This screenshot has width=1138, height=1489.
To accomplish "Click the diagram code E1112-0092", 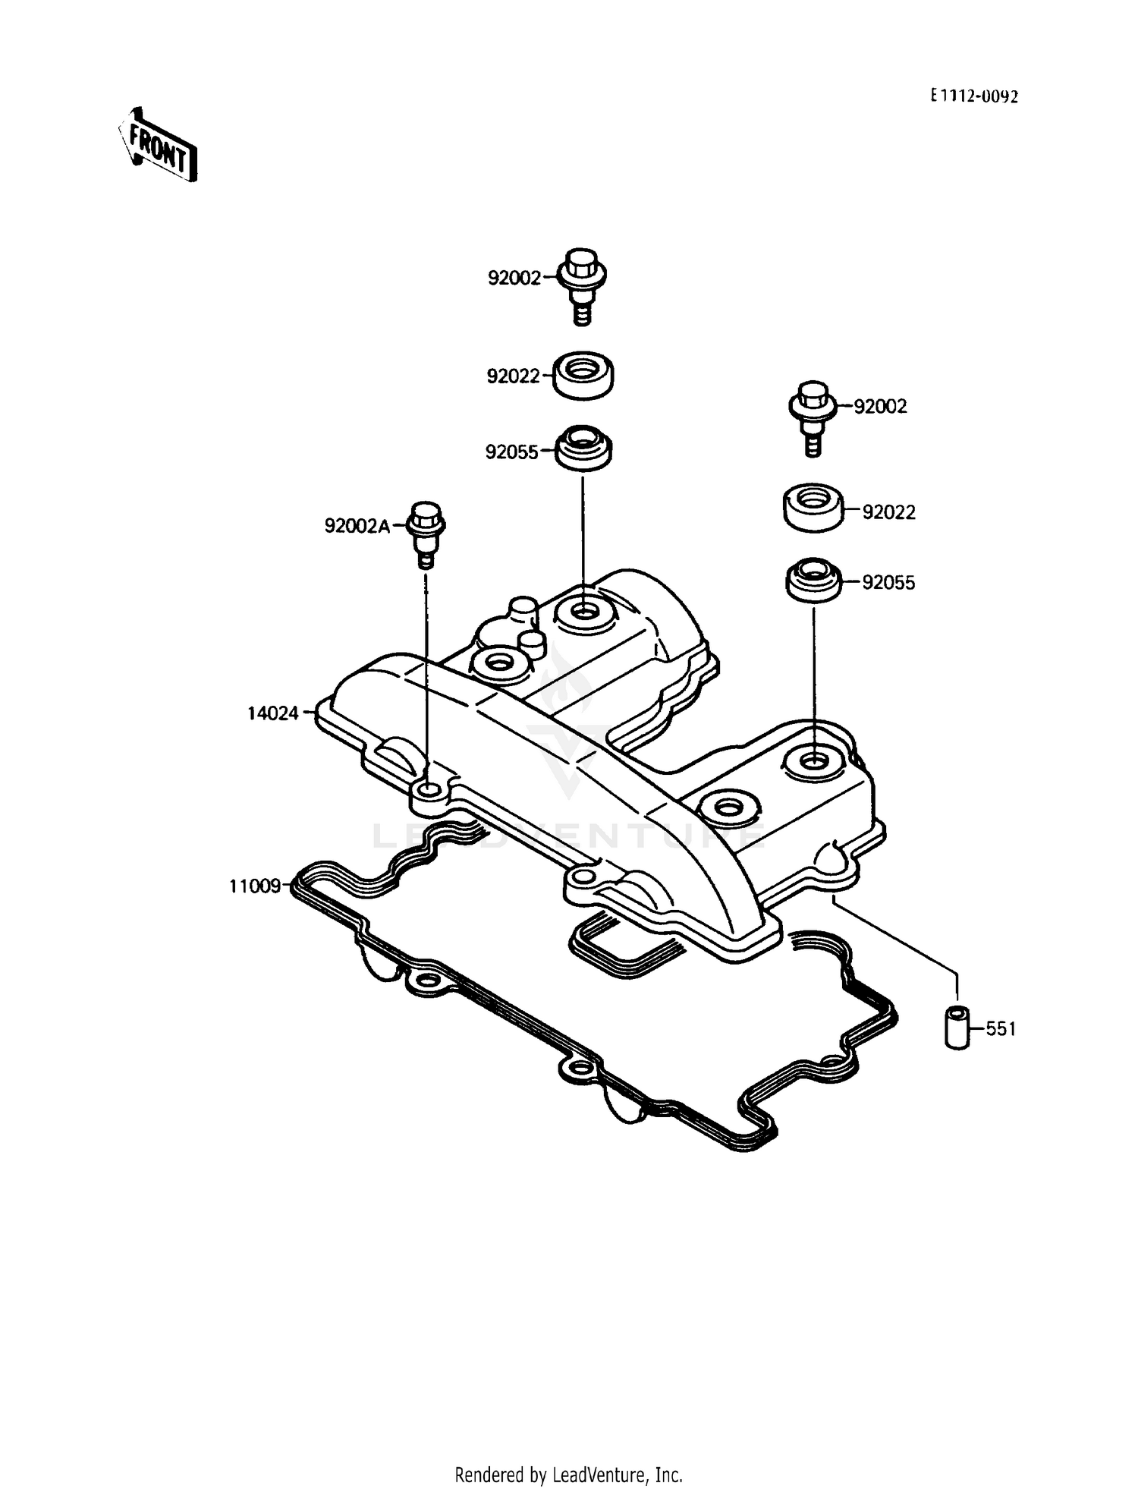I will [975, 96].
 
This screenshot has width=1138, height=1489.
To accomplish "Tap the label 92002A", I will [357, 525].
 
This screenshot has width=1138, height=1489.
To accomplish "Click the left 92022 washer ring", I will [583, 374].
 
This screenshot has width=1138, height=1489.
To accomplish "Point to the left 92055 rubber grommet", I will [583, 447].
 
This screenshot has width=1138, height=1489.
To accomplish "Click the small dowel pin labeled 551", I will [957, 1028].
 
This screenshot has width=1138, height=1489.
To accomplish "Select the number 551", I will [1001, 1029].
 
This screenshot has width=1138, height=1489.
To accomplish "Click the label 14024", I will [273, 713].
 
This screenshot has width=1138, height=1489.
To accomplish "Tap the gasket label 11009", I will [256, 886].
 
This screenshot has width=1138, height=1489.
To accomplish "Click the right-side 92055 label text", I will [888, 583].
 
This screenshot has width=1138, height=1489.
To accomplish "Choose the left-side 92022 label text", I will [513, 376].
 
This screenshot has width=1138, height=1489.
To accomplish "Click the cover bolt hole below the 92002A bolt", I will [428, 793].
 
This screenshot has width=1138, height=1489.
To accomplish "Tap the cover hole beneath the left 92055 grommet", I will [583, 609].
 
